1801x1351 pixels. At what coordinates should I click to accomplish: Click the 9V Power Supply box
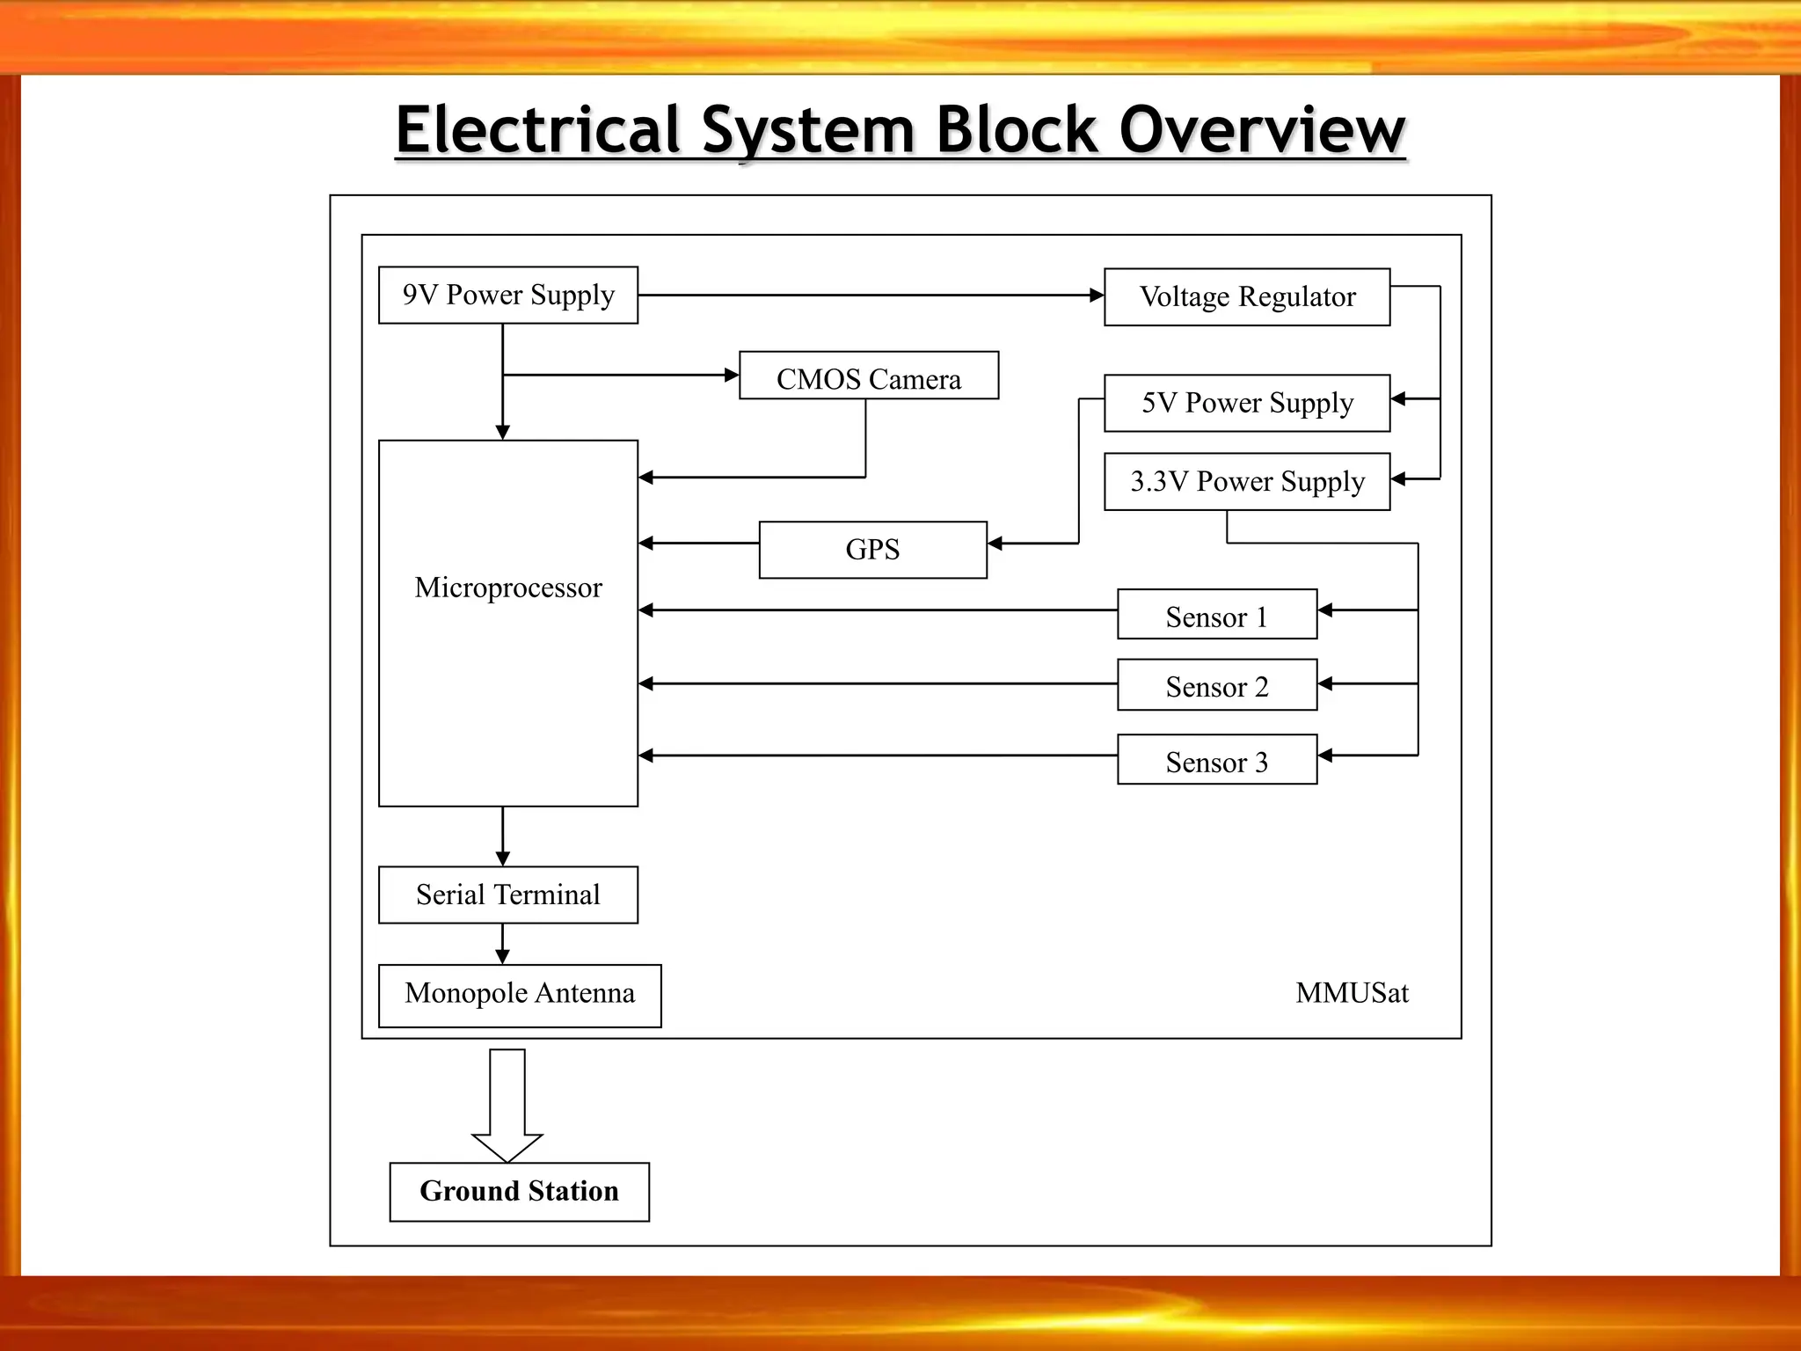point(508,296)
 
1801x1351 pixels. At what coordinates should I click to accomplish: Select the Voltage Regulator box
point(1247,297)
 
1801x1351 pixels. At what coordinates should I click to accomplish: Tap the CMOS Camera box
point(869,376)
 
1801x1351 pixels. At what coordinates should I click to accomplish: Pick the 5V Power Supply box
point(1247,404)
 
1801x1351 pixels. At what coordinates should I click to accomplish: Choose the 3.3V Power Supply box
point(1247,482)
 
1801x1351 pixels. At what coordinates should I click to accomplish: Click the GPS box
point(872,550)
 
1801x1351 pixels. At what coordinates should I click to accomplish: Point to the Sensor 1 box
point(1217,615)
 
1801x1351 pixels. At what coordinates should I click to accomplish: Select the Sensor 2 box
point(1217,685)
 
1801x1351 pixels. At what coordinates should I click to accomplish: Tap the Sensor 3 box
point(1217,760)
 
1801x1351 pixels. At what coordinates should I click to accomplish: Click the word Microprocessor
point(508,588)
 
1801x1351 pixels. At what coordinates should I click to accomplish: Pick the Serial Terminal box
point(508,895)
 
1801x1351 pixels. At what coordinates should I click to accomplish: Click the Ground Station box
point(520,1192)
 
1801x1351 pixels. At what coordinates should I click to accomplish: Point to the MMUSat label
point(1352,993)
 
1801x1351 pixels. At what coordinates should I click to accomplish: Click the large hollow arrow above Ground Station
point(507,1106)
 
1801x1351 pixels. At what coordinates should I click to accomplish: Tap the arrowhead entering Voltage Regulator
point(1097,296)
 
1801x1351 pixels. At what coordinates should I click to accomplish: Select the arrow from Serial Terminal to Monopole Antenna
point(503,945)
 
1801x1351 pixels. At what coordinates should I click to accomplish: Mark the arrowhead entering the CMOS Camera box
point(732,376)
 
